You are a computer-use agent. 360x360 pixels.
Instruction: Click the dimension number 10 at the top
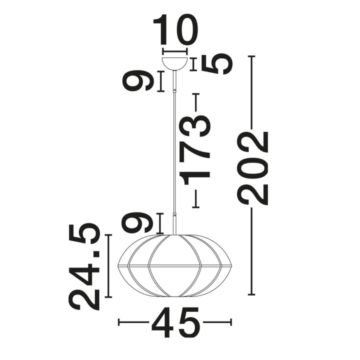pyautogui.click(x=175, y=29)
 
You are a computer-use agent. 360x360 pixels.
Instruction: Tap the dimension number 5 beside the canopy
pyautogui.click(x=216, y=64)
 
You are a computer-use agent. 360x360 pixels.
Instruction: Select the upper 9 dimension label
pyautogui.click(x=138, y=81)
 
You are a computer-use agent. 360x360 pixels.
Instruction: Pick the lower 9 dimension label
pyautogui.click(x=137, y=223)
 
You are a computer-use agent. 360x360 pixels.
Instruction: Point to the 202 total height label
pyautogui.click(x=253, y=168)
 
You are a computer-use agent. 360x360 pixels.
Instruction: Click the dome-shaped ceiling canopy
pyautogui.click(x=174, y=63)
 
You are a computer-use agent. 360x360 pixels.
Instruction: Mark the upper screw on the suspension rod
pyautogui.click(x=175, y=90)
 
